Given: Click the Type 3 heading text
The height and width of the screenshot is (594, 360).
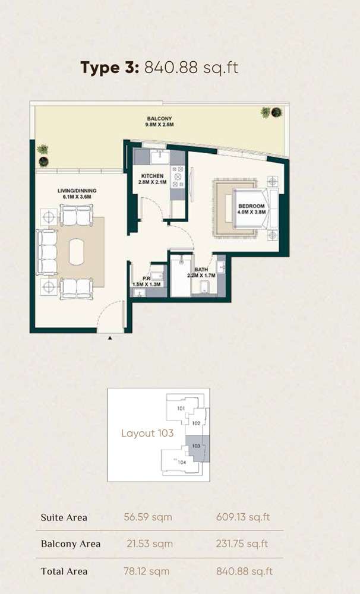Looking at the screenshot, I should [x=109, y=68].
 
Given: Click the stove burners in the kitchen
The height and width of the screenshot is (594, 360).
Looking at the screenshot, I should [x=178, y=176].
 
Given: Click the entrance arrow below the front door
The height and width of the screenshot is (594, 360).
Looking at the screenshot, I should [x=110, y=339].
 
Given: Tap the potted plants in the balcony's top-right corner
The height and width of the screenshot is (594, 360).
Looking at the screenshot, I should [x=271, y=112].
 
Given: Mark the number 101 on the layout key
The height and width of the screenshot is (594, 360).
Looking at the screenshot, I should [x=182, y=409].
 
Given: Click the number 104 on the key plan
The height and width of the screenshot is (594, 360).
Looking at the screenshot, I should [x=182, y=462].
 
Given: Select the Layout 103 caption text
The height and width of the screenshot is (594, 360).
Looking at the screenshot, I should [x=147, y=433].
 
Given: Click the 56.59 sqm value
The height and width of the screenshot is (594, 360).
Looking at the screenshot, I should [x=149, y=517].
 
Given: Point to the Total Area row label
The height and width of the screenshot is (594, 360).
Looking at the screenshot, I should [x=64, y=571].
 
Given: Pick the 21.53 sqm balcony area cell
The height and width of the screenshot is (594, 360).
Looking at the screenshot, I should [x=149, y=544].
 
